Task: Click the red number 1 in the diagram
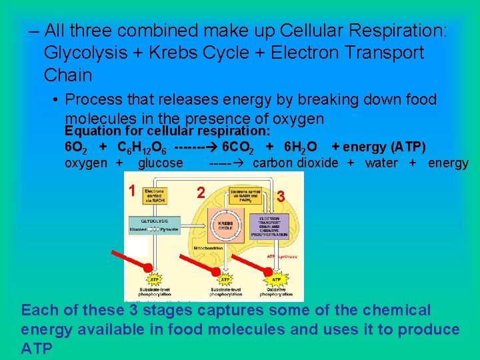134,190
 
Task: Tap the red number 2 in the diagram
200,193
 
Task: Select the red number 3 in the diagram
281,197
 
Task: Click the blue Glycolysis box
154,225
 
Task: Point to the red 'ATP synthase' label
279,256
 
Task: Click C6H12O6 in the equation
142,147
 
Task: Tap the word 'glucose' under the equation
160,163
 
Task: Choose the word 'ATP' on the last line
37,348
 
